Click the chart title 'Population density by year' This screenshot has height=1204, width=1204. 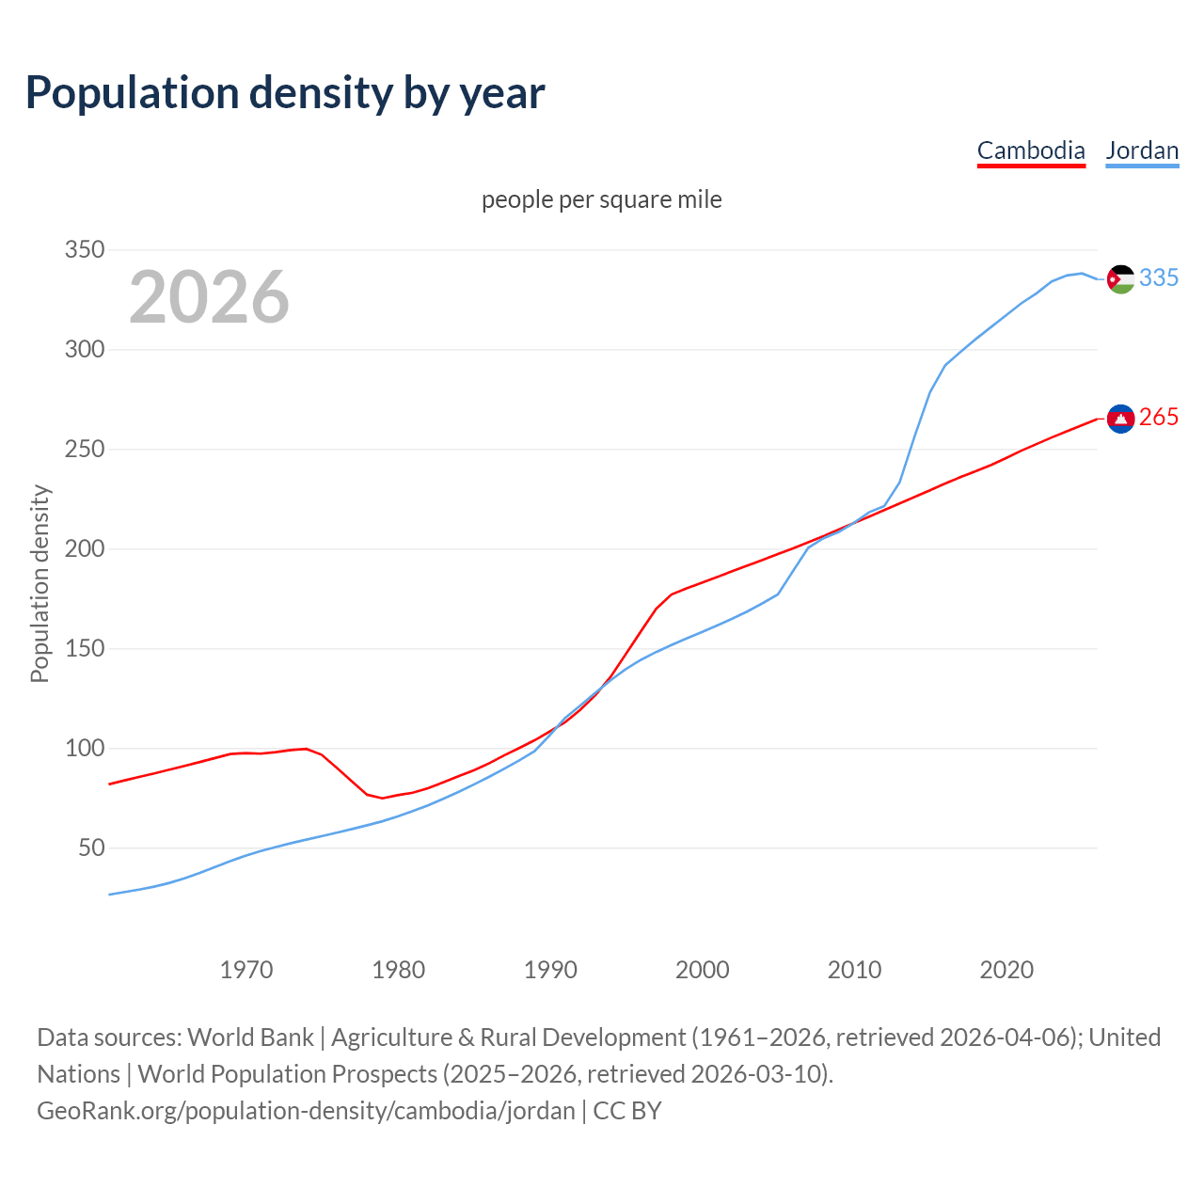(x=285, y=93)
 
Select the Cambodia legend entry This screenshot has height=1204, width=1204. (x=1031, y=150)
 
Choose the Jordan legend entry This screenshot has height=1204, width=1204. (x=1142, y=150)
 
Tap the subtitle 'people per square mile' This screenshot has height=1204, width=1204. (x=601, y=199)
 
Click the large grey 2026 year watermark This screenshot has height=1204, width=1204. (x=209, y=297)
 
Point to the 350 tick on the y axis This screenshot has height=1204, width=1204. (x=84, y=250)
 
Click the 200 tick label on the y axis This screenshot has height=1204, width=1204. (x=84, y=549)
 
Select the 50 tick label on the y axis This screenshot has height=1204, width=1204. (x=91, y=848)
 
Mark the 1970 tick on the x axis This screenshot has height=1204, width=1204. (x=246, y=969)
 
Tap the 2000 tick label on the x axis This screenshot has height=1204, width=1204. (x=703, y=969)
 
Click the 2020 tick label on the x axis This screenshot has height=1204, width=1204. (x=1006, y=969)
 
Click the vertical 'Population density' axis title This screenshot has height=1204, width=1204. (x=40, y=583)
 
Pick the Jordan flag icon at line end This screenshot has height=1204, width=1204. (x=1120, y=279)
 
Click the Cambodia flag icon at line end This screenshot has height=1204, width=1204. (x=1120, y=419)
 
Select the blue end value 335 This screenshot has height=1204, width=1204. (x=1159, y=278)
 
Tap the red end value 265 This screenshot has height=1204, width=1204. (x=1159, y=418)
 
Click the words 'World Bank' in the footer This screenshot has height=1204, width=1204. (x=250, y=1038)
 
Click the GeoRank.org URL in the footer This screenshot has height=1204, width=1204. (x=306, y=1111)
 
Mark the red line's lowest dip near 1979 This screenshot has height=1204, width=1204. (x=382, y=798)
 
